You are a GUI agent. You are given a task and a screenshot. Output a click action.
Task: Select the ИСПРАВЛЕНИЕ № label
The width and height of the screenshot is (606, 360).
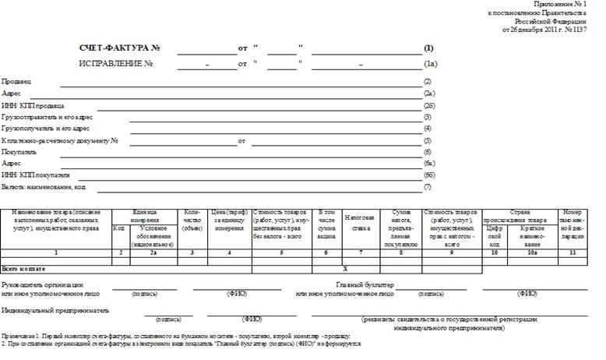[x=116, y=63]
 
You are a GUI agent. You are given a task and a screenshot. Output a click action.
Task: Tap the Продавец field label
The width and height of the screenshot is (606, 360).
[x=16, y=82]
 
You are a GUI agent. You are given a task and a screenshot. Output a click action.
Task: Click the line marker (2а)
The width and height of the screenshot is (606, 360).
[x=428, y=94]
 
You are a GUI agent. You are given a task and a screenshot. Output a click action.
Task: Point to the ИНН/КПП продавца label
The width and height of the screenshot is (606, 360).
[x=33, y=105]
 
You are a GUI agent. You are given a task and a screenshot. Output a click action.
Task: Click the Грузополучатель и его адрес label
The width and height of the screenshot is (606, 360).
[x=46, y=129]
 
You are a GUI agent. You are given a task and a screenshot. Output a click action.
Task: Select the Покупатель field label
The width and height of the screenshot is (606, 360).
[x=19, y=152]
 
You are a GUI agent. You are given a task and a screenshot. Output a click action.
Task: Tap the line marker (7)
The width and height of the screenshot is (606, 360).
[x=428, y=187]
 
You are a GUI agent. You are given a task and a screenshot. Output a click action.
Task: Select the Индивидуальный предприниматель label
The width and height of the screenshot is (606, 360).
[x=55, y=309]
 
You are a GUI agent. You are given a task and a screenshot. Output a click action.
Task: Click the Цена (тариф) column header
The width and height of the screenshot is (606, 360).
[x=230, y=215]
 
